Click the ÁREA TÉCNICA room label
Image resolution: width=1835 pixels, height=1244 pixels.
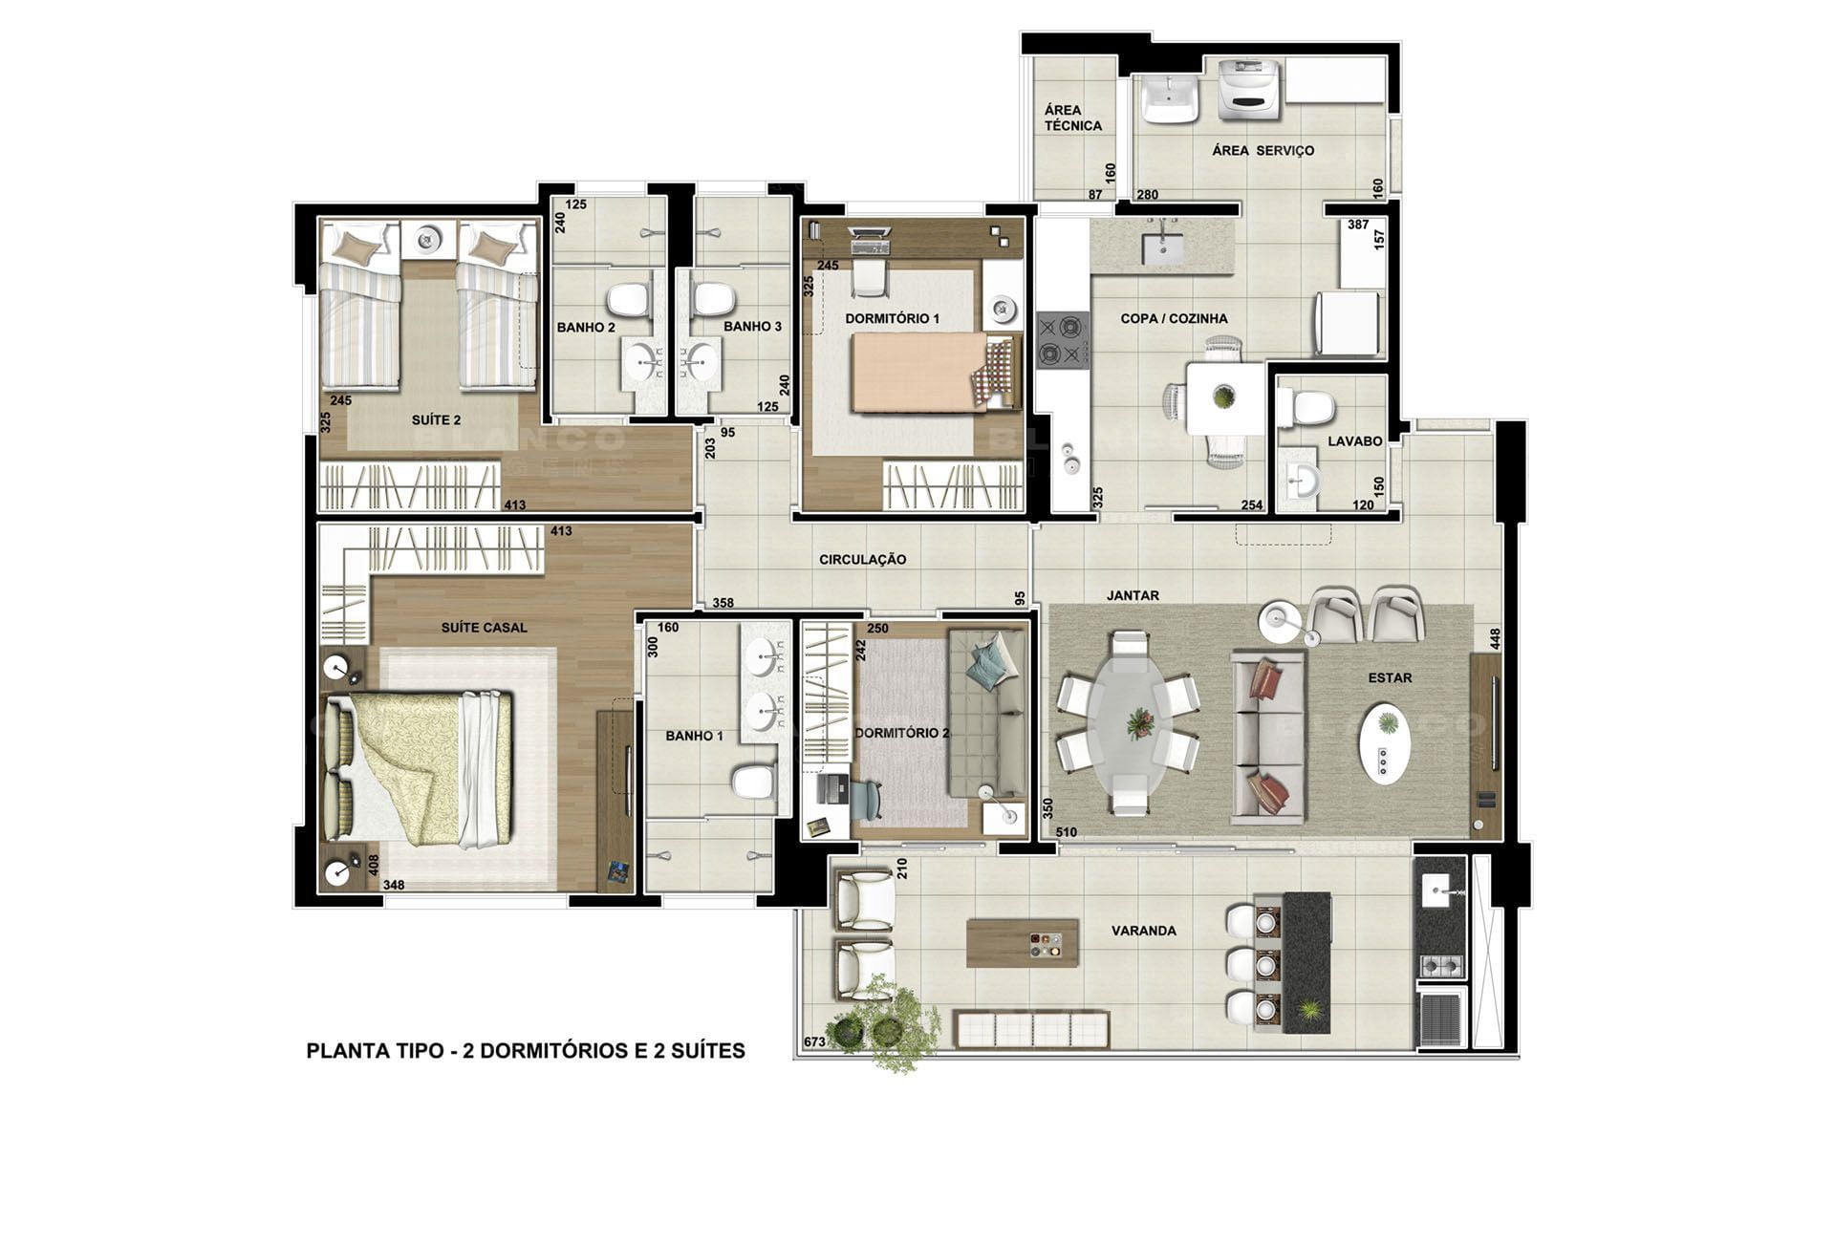[x=1072, y=118]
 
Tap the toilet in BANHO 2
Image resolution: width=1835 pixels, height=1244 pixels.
[x=630, y=300]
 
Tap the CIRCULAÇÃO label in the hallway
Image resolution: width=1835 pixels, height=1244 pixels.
[x=862, y=560]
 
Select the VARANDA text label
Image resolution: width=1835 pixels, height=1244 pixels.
[x=1143, y=931]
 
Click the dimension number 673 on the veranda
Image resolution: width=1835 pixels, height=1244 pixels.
[x=814, y=1041]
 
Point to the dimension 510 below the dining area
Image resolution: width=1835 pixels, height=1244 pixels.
[x=1066, y=832]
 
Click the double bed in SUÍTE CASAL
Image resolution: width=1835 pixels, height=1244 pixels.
[x=421, y=769]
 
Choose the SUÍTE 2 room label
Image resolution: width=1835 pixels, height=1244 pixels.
[x=436, y=420]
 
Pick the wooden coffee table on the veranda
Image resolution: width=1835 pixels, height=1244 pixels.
[x=1023, y=943]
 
